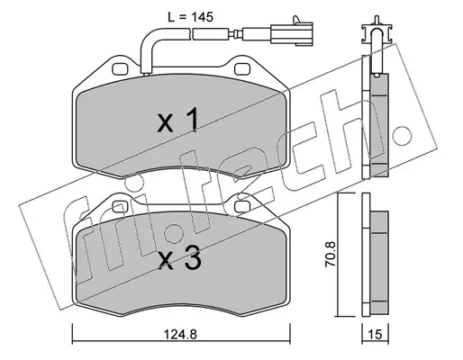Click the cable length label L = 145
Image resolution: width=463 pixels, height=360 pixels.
coord(191,17)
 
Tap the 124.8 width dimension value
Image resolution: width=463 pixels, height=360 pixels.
coord(180,334)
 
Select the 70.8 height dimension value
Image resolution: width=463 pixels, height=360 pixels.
coord(331,255)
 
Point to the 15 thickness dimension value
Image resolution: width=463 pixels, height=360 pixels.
coord(376,334)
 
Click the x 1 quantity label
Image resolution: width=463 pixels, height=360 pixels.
coord(177,120)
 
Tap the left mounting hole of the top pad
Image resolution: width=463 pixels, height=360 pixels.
coord(121,68)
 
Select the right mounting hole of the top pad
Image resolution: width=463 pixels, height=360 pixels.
coord(242,68)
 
